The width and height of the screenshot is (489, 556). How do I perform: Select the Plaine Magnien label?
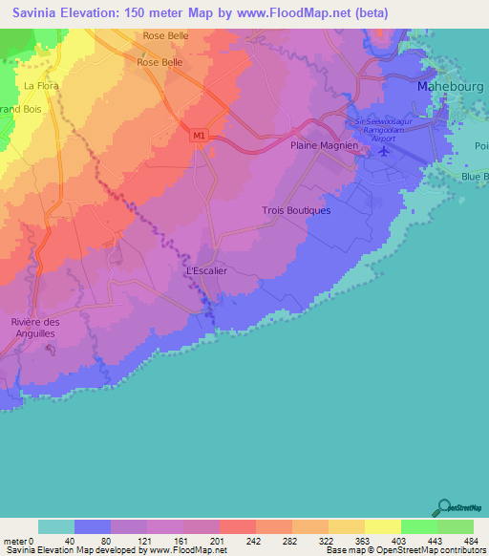tap(324, 145)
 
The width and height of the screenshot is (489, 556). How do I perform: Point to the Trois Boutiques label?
tap(295, 210)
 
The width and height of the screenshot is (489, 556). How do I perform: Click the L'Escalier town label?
tap(205, 271)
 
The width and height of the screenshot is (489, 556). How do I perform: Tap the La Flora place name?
tap(42, 86)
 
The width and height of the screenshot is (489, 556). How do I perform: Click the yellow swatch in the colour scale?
tap(382, 526)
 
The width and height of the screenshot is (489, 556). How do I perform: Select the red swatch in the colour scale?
tap(237, 526)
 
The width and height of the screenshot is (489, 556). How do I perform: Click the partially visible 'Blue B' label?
tap(474, 177)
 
